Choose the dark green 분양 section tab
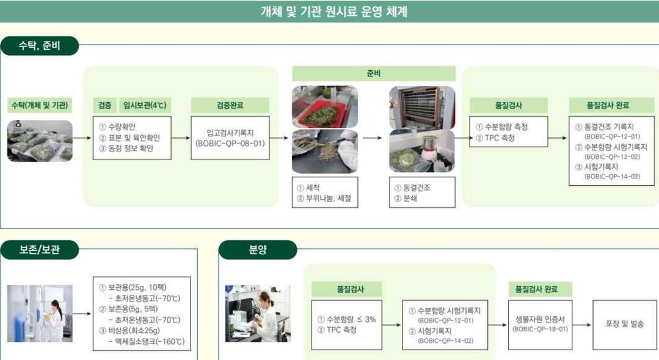click(258, 249)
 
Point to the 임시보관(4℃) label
click(144, 105)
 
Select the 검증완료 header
click(230, 105)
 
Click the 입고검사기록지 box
click(230, 138)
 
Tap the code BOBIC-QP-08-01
click(230, 144)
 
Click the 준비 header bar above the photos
click(373, 73)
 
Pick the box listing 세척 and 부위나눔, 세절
click(324, 193)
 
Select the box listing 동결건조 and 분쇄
click(422, 193)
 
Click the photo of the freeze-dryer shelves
click(422, 107)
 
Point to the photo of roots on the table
click(324, 151)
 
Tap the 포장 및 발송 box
click(624, 324)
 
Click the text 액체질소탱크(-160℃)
click(146, 342)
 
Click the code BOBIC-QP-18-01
click(541, 329)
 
